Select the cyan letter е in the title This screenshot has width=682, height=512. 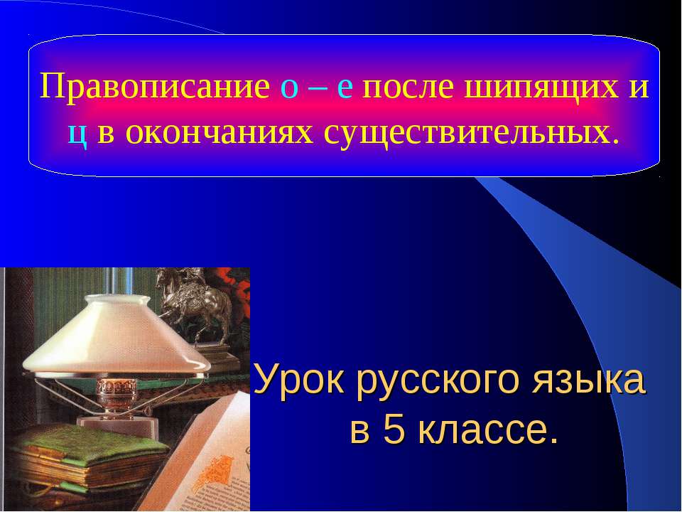[x=345, y=88]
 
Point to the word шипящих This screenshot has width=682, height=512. [x=540, y=90]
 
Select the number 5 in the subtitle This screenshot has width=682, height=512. [x=395, y=430]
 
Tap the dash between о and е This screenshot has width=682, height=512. [x=317, y=90]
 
